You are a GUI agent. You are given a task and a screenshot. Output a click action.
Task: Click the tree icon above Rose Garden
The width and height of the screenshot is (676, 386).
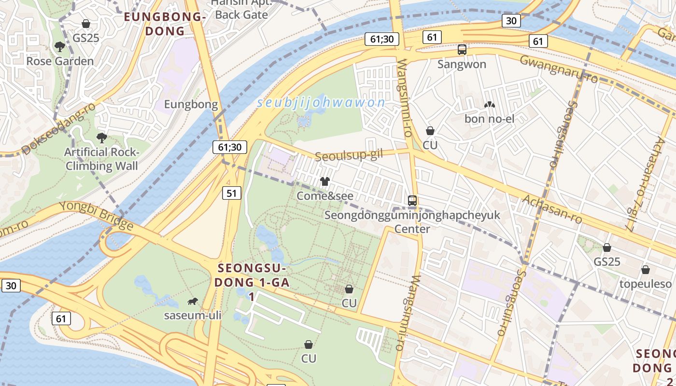coord(60,47)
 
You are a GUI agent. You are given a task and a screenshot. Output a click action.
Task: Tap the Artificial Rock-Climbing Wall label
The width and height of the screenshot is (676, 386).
coord(101,159)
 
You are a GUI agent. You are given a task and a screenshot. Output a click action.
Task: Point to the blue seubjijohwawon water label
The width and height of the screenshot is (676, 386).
coord(321,103)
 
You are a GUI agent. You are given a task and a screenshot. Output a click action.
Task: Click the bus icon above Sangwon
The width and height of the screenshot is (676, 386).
coord(462,49)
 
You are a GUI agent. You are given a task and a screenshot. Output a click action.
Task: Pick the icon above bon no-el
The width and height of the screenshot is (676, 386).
coord(489,105)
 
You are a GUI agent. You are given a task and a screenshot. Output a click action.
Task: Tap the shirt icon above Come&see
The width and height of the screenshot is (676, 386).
coord(325,181)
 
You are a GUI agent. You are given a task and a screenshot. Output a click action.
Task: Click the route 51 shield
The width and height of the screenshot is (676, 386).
coord(232,193)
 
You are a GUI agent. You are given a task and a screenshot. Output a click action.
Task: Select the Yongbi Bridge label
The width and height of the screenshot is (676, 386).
coord(96,215)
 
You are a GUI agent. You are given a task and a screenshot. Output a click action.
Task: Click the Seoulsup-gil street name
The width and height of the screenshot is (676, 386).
coord(348,155)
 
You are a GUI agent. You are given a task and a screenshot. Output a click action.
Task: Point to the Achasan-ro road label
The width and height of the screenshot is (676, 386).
coord(552,209)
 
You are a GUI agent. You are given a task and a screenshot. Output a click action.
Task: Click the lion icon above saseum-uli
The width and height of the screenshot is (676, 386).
coord(192,302)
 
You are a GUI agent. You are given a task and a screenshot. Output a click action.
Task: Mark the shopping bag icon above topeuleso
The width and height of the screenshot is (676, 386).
coord(646,270)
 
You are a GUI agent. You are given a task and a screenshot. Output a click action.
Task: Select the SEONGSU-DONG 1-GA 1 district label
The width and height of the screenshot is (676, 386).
coord(251,282)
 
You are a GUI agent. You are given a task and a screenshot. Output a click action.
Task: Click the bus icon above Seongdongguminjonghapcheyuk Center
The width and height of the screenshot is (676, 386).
coord(412,201)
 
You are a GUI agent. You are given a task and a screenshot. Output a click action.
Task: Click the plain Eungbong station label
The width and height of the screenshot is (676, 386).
coord(191,105)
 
